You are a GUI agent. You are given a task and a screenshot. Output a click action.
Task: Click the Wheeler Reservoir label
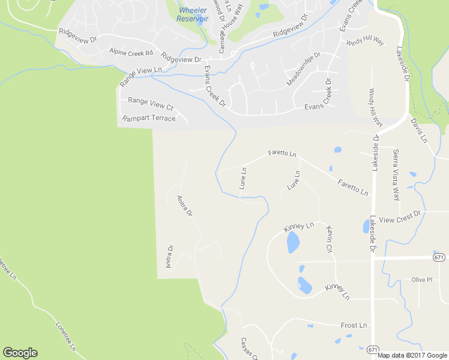click(192, 14)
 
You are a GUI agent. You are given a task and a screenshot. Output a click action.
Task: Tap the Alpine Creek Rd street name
click(131, 53)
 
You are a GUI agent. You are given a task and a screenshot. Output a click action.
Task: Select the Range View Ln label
click(141, 71)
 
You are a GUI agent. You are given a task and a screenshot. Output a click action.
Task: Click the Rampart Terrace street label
click(149, 118)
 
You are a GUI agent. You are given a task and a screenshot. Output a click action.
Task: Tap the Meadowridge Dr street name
click(304, 68)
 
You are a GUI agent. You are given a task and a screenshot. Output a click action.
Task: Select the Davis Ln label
click(418, 130)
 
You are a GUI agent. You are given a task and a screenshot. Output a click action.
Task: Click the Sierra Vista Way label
click(396, 174)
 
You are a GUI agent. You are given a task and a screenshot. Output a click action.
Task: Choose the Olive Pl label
click(422, 280)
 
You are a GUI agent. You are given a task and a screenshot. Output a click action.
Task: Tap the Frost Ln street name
click(354, 325)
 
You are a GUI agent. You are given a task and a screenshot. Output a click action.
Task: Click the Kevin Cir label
click(329, 239)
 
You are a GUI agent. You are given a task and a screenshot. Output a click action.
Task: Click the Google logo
click(20, 353)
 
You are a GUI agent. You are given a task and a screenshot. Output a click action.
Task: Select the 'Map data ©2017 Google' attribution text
click(412, 355)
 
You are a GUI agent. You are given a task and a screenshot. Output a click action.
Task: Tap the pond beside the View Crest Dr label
click(366, 226)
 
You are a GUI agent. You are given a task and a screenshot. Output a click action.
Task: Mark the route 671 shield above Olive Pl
click(439, 257)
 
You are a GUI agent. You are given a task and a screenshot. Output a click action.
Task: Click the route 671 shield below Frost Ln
click(373, 349)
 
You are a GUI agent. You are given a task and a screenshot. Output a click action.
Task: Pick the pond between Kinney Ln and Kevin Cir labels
click(293, 242)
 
